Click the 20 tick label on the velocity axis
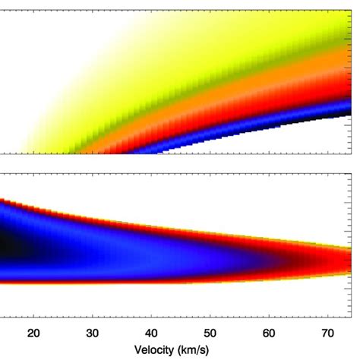point(33,332)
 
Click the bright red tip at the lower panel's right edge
point(342,261)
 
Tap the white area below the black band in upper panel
point(319,141)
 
